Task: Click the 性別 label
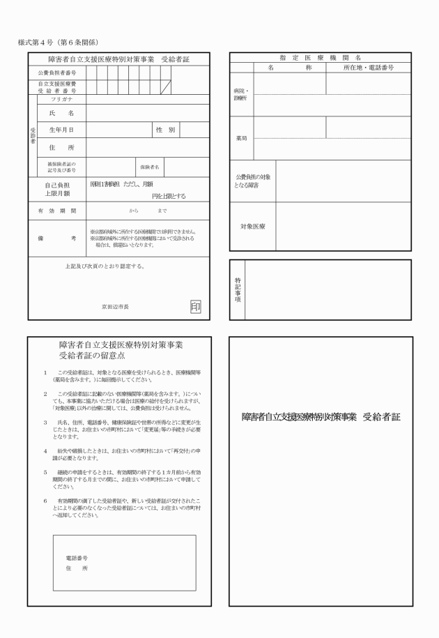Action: [x=165, y=130]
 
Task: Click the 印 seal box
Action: [x=196, y=306]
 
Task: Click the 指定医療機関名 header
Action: [x=321, y=58]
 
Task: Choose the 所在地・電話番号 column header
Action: [x=368, y=68]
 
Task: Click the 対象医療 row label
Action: [x=252, y=227]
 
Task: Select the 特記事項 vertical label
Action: [x=237, y=290]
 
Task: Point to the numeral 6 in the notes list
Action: [x=45, y=501]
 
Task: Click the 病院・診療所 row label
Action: [x=241, y=95]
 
